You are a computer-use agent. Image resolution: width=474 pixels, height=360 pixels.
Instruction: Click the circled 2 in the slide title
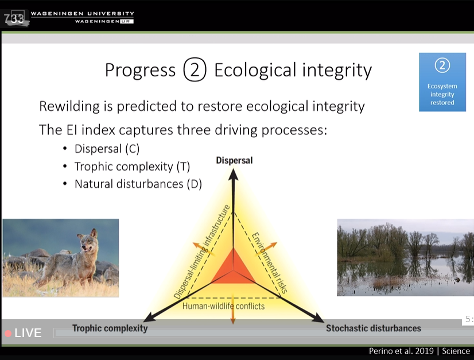(195, 69)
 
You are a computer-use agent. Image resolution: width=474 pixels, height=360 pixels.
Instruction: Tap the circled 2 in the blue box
(442, 65)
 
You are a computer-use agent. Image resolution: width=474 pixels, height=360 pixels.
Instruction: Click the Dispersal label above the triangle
(234, 160)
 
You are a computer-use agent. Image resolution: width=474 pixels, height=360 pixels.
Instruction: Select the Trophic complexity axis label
(110, 328)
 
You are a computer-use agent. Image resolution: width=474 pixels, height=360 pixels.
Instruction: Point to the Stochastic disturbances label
(374, 328)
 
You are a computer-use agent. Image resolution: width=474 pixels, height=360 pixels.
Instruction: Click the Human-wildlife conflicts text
(223, 306)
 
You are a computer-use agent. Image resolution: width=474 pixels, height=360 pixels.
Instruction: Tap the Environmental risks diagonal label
(269, 262)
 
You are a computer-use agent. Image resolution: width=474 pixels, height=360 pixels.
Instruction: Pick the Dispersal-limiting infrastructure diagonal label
(201, 251)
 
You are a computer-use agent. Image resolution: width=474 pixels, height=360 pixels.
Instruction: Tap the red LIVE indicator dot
(8, 334)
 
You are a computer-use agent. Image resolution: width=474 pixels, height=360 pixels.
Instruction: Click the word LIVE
(28, 333)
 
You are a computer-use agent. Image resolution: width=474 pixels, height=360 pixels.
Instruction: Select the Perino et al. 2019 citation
(402, 351)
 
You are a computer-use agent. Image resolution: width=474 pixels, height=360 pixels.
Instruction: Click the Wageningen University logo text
(83, 17)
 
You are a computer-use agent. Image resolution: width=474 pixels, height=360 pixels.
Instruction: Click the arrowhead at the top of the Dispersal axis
(233, 174)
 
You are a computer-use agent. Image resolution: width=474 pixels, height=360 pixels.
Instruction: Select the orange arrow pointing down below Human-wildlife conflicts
(233, 308)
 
